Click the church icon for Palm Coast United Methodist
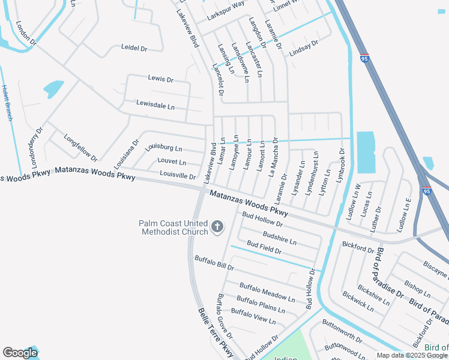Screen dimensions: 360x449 216,227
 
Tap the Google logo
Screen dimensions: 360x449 20,353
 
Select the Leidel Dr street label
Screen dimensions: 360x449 134,47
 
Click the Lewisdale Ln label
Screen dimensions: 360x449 155,106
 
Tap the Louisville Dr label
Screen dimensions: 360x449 178,176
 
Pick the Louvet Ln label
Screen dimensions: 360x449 172,161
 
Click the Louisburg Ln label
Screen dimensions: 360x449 163,147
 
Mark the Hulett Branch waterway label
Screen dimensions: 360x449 7,103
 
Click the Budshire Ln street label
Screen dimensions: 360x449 280,238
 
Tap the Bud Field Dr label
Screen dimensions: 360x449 264,248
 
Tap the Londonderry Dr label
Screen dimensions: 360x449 37,147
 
